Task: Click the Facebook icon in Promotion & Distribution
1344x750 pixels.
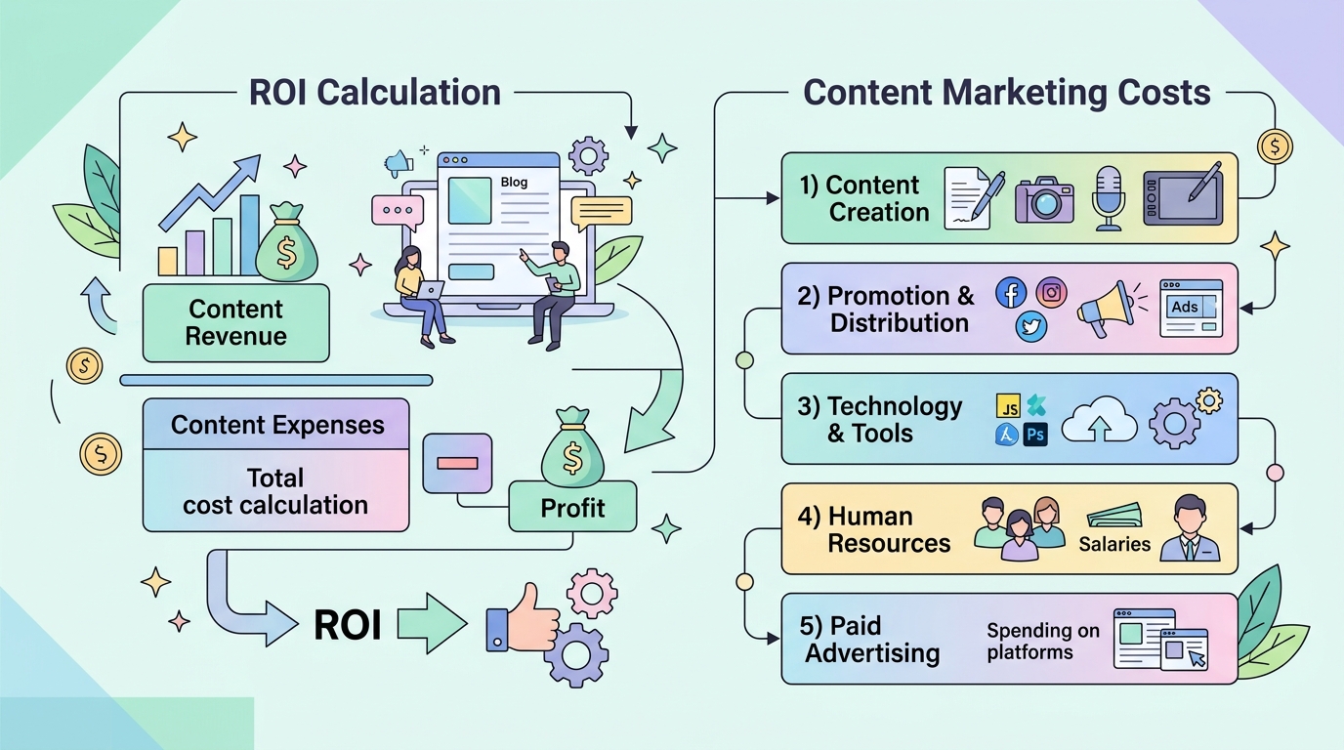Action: pyautogui.click(x=1011, y=293)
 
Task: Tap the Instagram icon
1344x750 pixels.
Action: pyautogui.click(x=1051, y=293)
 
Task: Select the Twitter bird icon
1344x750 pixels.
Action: pyautogui.click(x=1030, y=327)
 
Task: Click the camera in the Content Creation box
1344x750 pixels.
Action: pyautogui.click(x=1044, y=200)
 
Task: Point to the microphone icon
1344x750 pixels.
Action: pyautogui.click(x=1109, y=198)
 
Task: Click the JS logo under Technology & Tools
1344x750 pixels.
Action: pyautogui.click(x=1008, y=405)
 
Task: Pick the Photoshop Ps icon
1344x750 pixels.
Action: pyautogui.click(x=1035, y=434)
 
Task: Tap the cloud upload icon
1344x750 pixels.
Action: pyautogui.click(x=1099, y=419)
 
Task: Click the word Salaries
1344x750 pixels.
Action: pyautogui.click(x=1114, y=544)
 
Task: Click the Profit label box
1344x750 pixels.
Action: pyautogui.click(x=572, y=507)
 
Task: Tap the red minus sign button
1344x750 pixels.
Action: pyautogui.click(x=457, y=463)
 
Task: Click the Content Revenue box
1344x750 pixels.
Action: pyautogui.click(x=235, y=323)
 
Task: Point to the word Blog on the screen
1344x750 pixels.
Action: pyautogui.click(x=514, y=182)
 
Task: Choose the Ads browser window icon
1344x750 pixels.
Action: pyautogui.click(x=1191, y=308)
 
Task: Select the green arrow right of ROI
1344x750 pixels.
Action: pyautogui.click(x=432, y=623)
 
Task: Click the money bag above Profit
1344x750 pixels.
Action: pyautogui.click(x=572, y=447)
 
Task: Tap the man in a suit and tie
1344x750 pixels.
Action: pyautogui.click(x=1190, y=528)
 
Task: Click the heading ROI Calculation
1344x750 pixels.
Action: pyautogui.click(x=375, y=93)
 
